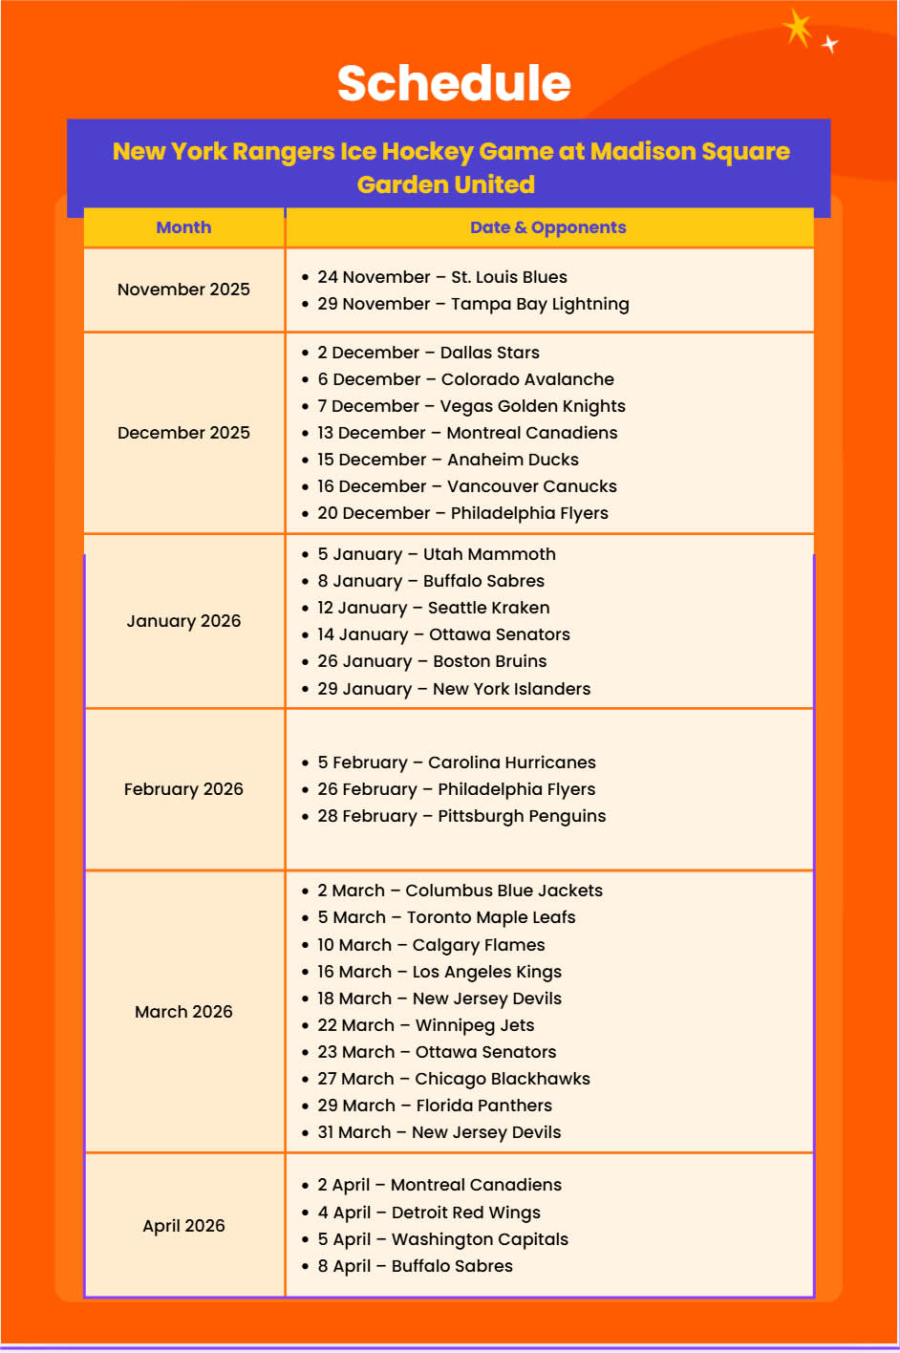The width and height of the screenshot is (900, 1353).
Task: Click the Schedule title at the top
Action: point(454,83)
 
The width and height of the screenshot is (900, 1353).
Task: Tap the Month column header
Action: point(183,227)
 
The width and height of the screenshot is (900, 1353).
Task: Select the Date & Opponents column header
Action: point(547,227)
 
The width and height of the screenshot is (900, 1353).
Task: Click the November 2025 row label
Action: point(183,290)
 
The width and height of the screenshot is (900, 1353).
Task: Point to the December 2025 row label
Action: point(183,433)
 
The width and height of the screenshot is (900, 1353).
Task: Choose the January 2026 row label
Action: point(183,621)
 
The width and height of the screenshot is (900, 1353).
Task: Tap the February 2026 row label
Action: point(183,789)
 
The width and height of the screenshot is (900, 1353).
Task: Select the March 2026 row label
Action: point(183,1012)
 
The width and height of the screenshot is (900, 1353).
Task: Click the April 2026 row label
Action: point(183,1226)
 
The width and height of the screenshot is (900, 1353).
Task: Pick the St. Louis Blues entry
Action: point(442,277)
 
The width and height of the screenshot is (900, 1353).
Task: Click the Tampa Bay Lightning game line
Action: point(473,304)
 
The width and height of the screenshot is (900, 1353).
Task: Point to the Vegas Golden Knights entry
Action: point(471,406)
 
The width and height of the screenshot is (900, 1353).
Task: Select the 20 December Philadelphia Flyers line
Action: point(462,513)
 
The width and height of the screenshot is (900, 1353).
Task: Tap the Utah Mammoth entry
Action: point(437,554)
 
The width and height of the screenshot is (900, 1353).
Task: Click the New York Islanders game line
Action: point(454,689)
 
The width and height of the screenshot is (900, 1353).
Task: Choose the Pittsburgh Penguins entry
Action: point(461,816)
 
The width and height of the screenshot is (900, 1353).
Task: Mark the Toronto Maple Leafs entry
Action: point(446,917)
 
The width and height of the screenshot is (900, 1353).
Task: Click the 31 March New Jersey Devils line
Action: point(439,1132)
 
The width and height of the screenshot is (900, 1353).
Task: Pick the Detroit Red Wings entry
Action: point(429,1213)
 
